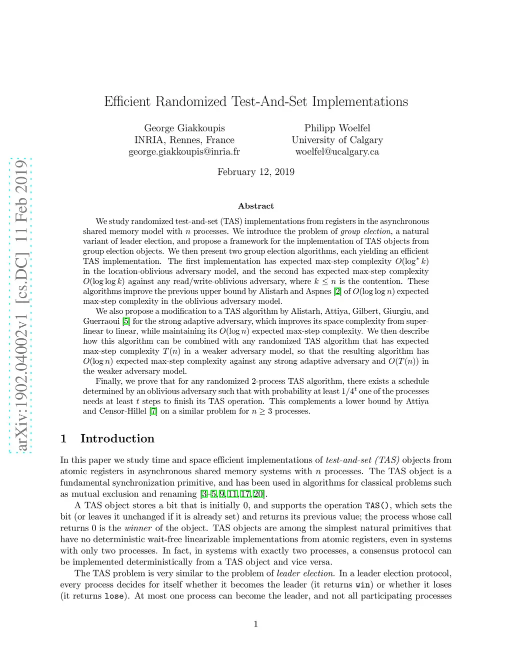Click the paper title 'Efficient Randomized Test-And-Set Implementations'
coord(256,101)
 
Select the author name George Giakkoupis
coord(184,128)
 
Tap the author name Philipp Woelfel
coord(337,128)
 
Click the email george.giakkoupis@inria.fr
coord(184,151)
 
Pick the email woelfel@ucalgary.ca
coord(337,151)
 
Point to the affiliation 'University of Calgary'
coord(337,140)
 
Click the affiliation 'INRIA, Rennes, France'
coord(184,140)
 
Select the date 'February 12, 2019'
coord(256,172)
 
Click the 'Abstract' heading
coord(256,206)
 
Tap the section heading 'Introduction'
coord(117,439)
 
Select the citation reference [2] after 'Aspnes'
coord(337,291)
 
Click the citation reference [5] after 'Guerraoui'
coord(126,321)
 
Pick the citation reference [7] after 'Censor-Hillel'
coord(153,411)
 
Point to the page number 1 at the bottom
coord(256,624)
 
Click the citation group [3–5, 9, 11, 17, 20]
coord(232,494)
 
